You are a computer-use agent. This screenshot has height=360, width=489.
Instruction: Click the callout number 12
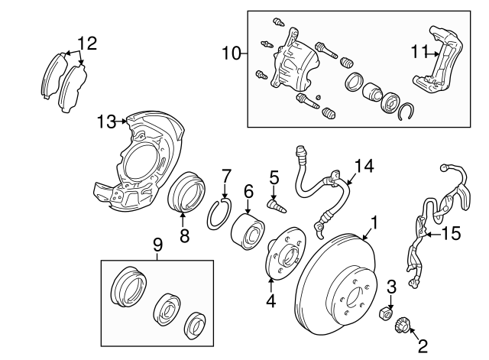click(x=87, y=44)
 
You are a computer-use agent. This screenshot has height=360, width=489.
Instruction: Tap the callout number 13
click(x=106, y=122)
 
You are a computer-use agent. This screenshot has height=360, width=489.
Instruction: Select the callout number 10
click(x=232, y=54)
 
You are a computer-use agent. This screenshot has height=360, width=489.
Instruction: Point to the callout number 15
click(x=451, y=233)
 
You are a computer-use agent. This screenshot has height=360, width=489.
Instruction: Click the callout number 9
click(x=158, y=245)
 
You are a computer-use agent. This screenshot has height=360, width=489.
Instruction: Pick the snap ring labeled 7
click(x=219, y=214)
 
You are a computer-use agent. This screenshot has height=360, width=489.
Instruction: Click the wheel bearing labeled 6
click(x=248, y=231)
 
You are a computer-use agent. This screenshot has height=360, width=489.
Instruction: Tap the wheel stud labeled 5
click(x=277, y=207)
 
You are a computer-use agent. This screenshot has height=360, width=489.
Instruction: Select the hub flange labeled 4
click(x=285, y=254)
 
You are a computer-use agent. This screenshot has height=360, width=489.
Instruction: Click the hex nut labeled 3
click(x=385, y=313)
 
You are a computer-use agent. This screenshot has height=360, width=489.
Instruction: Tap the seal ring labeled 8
click(x=186, y=192)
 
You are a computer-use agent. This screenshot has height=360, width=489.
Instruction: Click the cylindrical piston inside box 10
click(x=372, y=92)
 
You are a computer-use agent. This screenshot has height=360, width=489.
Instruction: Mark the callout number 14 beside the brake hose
click(x=364, y=166)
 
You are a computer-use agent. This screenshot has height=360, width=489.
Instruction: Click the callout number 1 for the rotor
click(x=374, y=222)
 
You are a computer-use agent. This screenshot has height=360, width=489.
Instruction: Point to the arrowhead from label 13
click(x=125, y=122)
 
